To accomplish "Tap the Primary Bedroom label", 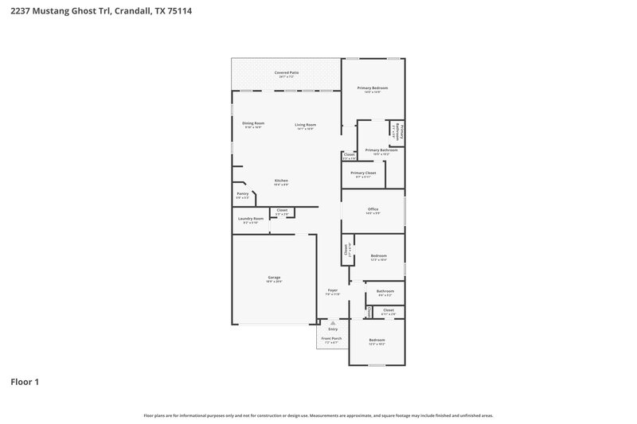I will (x=373, y=88).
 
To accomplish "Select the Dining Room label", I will (x=253, y=124).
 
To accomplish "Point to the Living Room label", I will (x=306, y=124).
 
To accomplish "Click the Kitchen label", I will (x=282, y=181).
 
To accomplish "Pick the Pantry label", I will (x=243, y=193).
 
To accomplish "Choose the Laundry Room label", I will (x=249, y=219).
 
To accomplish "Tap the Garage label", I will (x=274, y=278).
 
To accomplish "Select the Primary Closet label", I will (x=364, y=173).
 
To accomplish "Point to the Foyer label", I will (x=333, y=290).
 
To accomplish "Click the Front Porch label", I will (x=331, y=339).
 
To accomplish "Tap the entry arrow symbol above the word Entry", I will (x=333, y=323).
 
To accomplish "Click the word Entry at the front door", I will (x=333, y=329).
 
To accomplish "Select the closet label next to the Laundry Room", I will (x=282, y=210).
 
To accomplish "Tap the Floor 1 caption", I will (x=25, y=382).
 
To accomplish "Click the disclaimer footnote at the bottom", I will (x=318, y=415).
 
